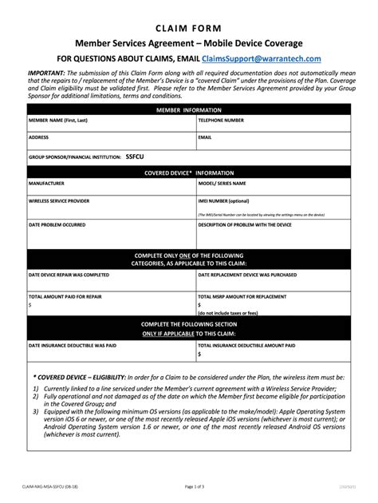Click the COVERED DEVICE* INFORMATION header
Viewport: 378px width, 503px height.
click(x=189, y=172)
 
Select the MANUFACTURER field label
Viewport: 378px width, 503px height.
click(x=47, y=183)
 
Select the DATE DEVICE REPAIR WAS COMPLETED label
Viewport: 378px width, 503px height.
click(x=69, y=275)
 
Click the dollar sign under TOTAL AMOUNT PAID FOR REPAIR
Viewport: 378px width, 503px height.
click(x=30, y=305)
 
